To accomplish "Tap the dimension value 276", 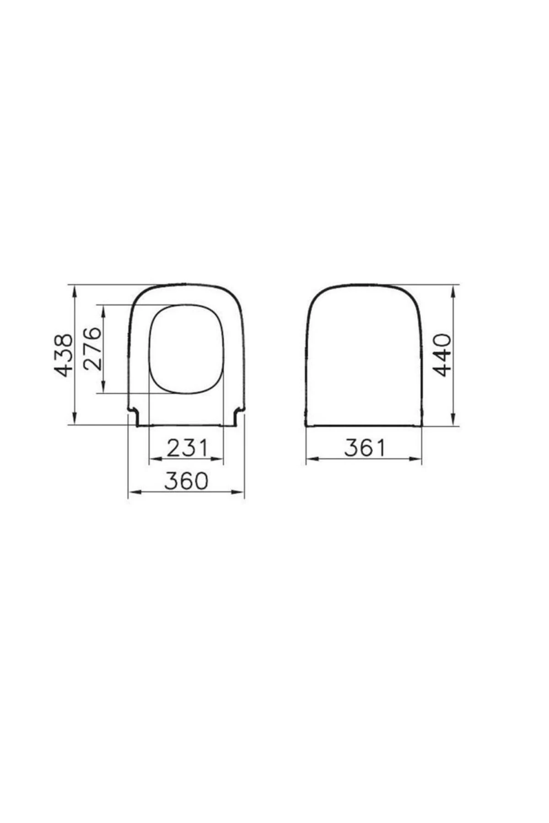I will pos(92,348).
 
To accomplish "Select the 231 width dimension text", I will pos(187,448).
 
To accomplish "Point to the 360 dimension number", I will pos(186,481).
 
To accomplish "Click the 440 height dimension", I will pos(442,355).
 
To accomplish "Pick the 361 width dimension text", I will pos(365,448).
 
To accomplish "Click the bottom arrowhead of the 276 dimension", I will pos(104,388).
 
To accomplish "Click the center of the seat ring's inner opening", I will pos(187,348).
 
